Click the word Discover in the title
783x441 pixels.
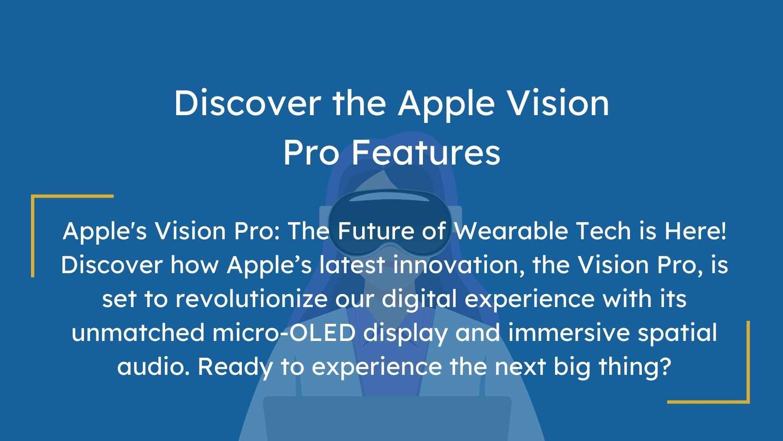pos(247,103)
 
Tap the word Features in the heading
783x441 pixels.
pos(426,152)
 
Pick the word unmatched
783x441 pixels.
pos(138,333)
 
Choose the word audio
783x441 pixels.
pos(153,367)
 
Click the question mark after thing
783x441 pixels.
pos(665,366)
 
